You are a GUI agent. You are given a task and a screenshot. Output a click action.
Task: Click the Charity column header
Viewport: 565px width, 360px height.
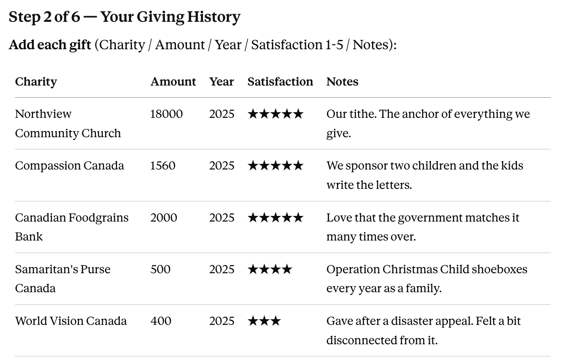36,82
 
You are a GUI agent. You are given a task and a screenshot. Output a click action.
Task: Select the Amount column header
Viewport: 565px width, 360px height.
173,82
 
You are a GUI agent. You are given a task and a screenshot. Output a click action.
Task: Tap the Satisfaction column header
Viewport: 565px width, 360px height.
280,82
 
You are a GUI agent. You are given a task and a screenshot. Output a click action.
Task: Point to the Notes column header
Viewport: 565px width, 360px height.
342,82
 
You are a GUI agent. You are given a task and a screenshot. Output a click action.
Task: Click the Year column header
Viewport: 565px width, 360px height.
222,82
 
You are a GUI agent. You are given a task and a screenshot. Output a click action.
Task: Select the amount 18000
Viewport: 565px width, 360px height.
166,114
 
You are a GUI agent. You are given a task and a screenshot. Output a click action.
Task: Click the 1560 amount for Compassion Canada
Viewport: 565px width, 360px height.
163,166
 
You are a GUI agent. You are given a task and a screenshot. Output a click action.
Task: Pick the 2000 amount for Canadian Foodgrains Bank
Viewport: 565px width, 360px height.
164,218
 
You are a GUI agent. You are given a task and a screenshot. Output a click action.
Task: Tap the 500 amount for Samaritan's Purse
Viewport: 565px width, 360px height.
161,270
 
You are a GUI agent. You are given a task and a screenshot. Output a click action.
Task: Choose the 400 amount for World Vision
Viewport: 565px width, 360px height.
161,321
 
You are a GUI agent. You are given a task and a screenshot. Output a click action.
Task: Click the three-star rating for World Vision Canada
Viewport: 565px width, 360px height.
264,321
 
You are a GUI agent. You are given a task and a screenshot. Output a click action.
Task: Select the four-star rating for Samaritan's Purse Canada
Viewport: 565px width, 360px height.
270,270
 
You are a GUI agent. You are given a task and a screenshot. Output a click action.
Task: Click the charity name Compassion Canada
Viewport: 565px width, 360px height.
69,166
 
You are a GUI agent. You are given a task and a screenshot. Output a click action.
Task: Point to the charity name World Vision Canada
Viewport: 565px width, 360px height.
71,321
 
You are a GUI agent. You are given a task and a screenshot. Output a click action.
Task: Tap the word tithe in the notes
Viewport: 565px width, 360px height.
363,114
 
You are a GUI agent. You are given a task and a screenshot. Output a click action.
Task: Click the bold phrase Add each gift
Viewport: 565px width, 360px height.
50,45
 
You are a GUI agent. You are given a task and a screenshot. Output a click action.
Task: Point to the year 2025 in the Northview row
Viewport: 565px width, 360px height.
222,114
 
